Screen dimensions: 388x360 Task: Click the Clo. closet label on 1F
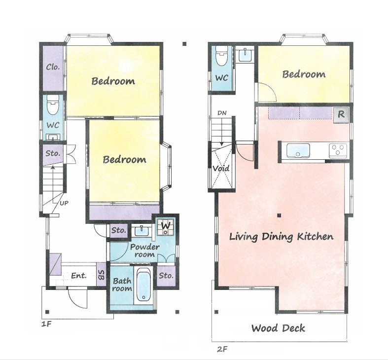(x=53, y=67)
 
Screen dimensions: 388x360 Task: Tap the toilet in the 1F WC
(x=53, y=105)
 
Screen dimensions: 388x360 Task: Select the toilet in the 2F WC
(x=222, y=56)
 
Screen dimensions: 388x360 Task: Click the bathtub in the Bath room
(x=143, y=285)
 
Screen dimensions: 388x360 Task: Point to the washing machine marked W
(x=166, y=227)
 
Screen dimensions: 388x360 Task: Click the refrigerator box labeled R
(x=341, y=115)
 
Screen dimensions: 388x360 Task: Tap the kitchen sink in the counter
(x=298, y=150)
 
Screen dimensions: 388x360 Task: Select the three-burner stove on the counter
(x=338, y=150)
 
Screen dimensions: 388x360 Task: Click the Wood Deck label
(x=278, y=328)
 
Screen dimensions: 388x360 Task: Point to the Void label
(x=221, y=169)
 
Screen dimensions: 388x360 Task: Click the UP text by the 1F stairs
(x=64, y=203)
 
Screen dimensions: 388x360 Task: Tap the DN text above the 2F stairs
(x=222, y=113)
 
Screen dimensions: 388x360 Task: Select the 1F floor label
(x=46, y=324)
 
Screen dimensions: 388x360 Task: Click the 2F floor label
(x=222, y=349)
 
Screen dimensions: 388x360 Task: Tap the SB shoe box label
(x=102, y=274)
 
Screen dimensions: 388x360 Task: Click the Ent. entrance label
(x=79, y=276)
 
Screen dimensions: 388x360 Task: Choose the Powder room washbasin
(x=141, y=231)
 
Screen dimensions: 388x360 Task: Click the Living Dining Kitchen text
(x=281, y=237)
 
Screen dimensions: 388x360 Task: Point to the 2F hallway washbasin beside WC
(x=245, y=54)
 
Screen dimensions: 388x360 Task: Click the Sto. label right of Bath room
(x=166, y=276)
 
